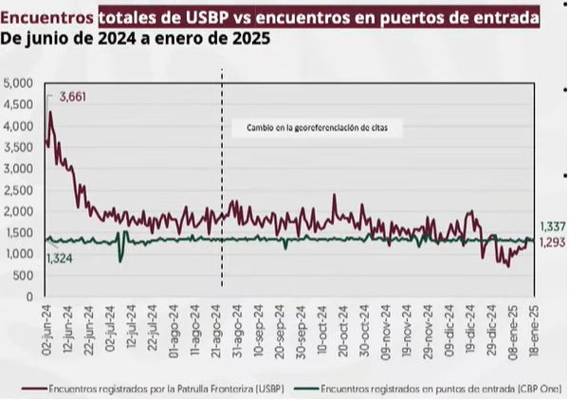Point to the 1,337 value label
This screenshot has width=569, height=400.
pyautogui.click(x=553, y=227)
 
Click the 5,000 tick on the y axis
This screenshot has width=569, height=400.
pyautogui.click(x=19, y=83)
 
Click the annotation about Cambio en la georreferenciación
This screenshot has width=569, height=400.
pyautogui.click(x=311, y=126)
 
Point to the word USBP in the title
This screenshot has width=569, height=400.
pyautogui.click(x=214, y=17)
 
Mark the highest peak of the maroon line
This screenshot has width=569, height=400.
pyautogui.click(x=50, y=112)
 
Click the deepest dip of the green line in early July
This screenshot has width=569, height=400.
pyautogui.click(x=120, y=260)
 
